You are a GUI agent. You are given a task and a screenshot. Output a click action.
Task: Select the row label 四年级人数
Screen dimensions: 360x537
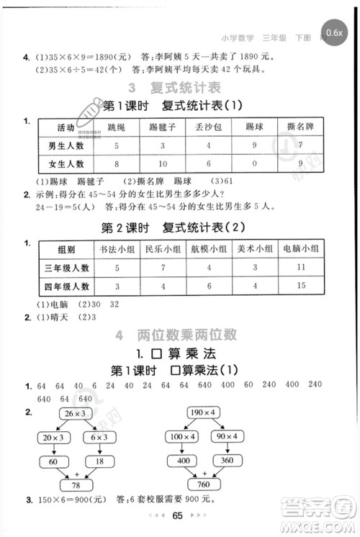point(64,287)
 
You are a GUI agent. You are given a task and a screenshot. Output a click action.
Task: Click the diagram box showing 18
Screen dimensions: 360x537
point(99,461)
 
